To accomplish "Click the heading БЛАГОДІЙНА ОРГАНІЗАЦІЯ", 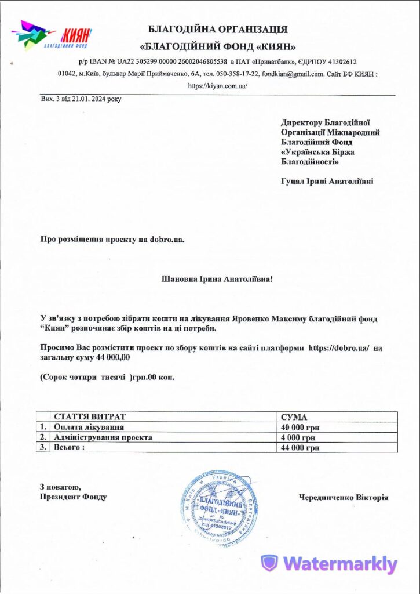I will click(x=218, y=29).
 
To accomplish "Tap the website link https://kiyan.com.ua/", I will click(x=218, y=85).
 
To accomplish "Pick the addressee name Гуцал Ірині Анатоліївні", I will click(x=327, y=181).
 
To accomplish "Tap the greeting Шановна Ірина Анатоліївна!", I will click(x=217, y=278).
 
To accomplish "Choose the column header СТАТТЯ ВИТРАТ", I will click(x=89, y=417).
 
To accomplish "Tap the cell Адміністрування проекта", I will click(x=103, y=437).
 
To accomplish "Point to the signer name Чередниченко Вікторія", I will click(x=344, y=497).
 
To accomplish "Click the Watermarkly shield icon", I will click(x=269, y=564).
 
